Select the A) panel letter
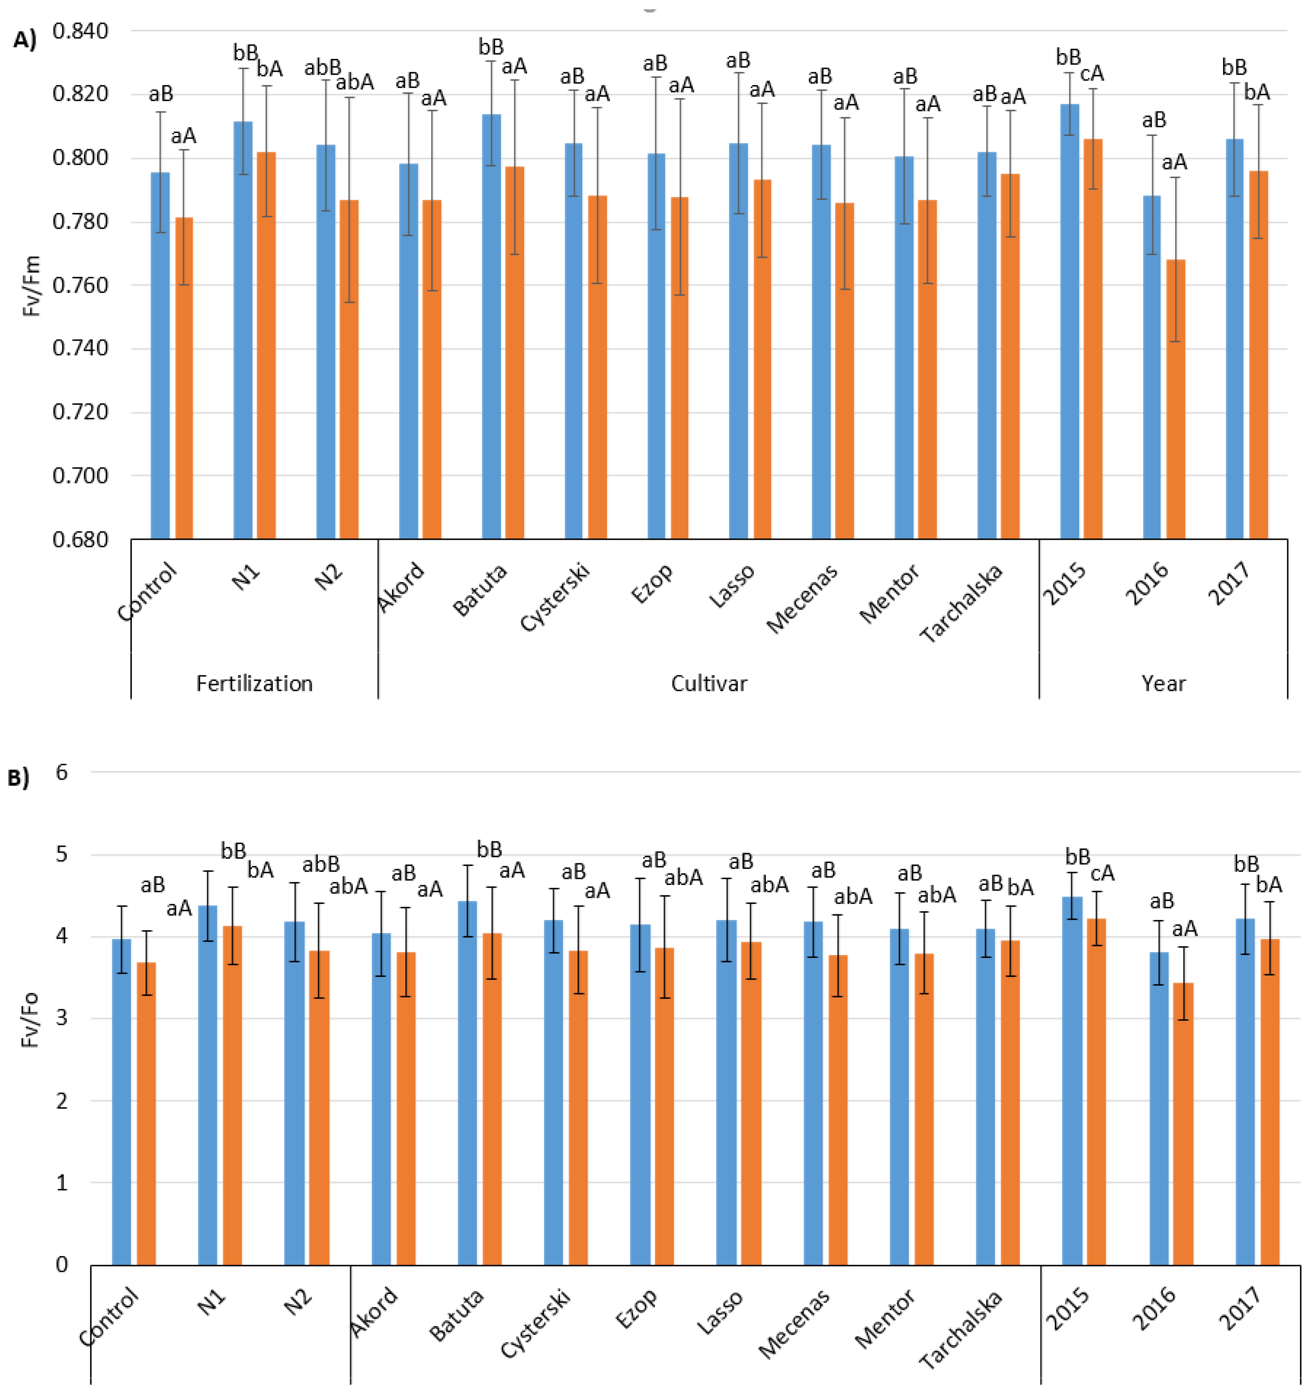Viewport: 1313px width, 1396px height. tap(25, 40)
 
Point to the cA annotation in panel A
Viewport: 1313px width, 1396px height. tap(1092, 73)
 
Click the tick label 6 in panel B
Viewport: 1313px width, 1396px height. tap(62, 772)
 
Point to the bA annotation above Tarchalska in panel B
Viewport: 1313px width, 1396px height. tap(1020, 888)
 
